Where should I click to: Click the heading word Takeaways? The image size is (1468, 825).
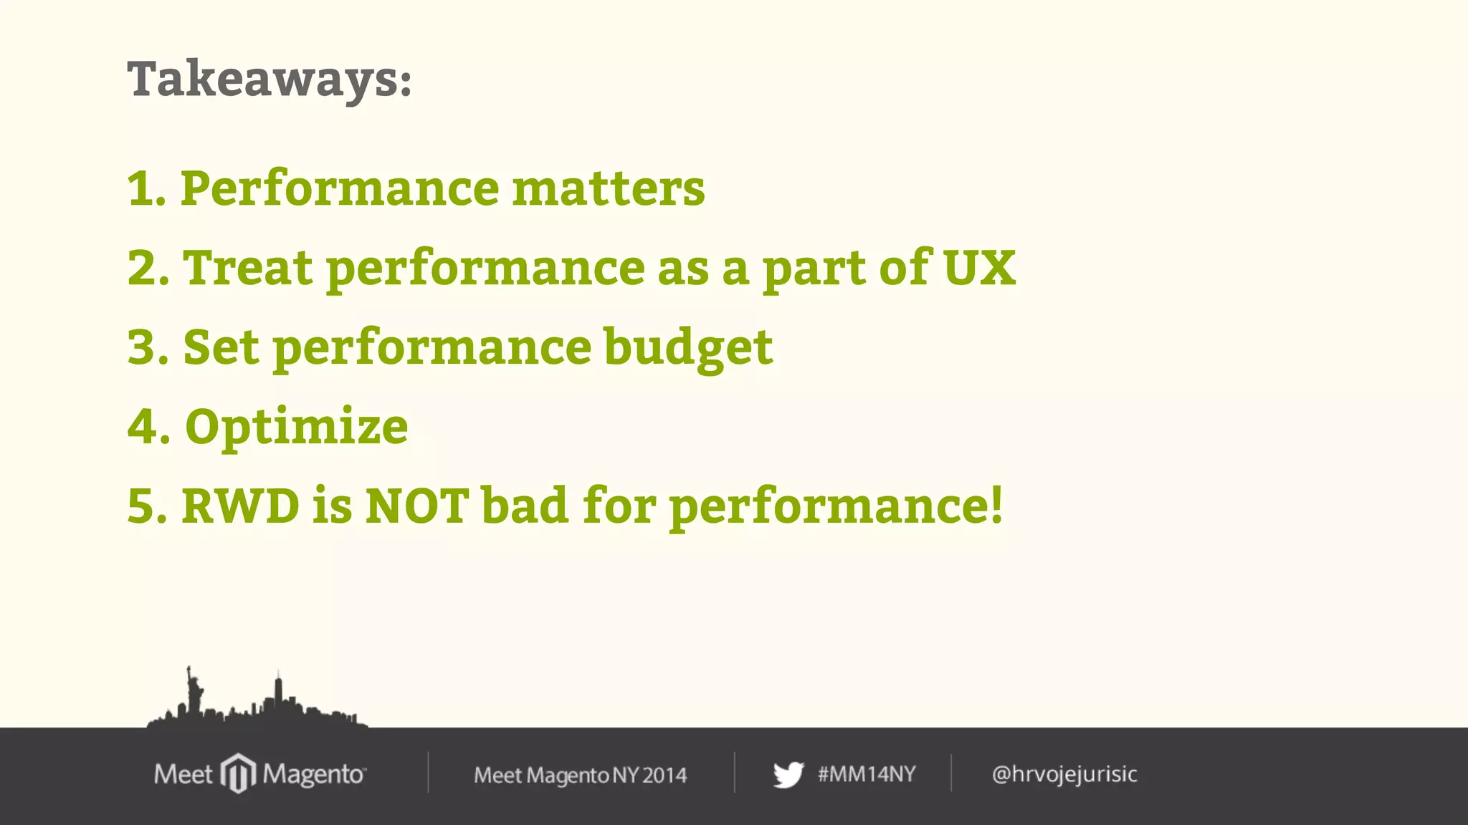click(269, 79)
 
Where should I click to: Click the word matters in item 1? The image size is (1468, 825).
click(609, 188)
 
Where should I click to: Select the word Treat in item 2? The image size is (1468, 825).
click(248, 268)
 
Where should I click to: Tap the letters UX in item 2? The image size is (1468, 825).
click(979, 268)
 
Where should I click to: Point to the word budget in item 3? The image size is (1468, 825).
click(688, 347)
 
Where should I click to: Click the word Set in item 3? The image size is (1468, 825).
click(221, 347)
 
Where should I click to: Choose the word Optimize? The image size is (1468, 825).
click(297, 428)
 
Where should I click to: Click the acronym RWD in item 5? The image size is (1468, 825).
click(240, 506)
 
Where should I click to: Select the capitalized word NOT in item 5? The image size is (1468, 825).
click(416, 506)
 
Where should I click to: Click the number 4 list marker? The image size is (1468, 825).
click(144, 428)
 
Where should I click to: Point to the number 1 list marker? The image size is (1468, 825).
click(142, 189)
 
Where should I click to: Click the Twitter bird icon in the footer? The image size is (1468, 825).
click(788, 774)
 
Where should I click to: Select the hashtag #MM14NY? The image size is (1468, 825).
click(867, 774)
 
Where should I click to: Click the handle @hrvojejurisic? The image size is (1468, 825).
click(1064, 774)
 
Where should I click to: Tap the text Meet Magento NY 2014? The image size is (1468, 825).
click(580, 775)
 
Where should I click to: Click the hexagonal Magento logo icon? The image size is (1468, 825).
click(238, 773)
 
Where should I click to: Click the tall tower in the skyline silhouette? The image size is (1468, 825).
click(279, 693)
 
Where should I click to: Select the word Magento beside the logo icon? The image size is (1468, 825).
click(313, 774)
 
